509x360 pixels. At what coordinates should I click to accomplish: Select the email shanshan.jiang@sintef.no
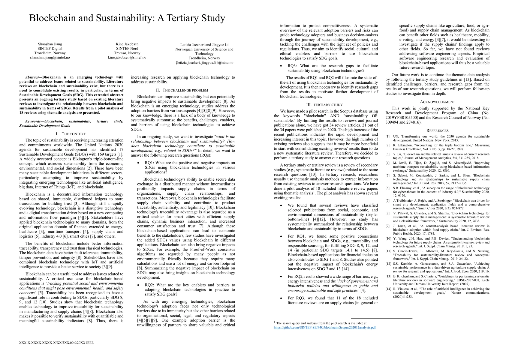tap(50, 57)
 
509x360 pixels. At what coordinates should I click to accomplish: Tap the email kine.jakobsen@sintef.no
tap(127, 57)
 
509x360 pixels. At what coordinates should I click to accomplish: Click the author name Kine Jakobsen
tap(127, 44)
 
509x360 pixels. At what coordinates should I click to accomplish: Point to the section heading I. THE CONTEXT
tap(71, 134)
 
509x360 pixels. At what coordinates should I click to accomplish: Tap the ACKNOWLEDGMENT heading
tap(437, 102)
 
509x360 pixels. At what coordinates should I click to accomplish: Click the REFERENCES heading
tap(437, 131)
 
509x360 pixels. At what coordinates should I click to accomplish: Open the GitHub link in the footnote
tap(325, 328)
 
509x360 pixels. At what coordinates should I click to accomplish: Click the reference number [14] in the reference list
tap(388, 289)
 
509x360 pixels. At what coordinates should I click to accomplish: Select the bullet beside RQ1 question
tap(138, 163)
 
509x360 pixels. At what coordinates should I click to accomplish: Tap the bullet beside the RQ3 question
tap(281, 66)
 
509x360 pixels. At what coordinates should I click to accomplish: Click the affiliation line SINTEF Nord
tap(127, 49)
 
